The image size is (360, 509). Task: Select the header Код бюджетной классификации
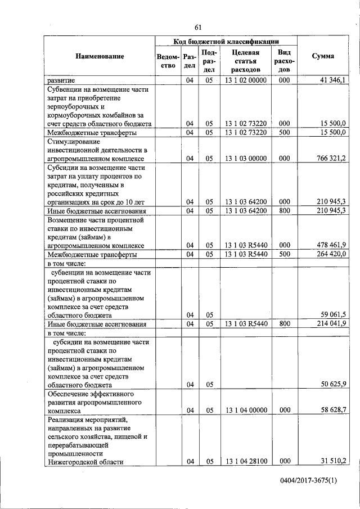click(226, 41)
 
